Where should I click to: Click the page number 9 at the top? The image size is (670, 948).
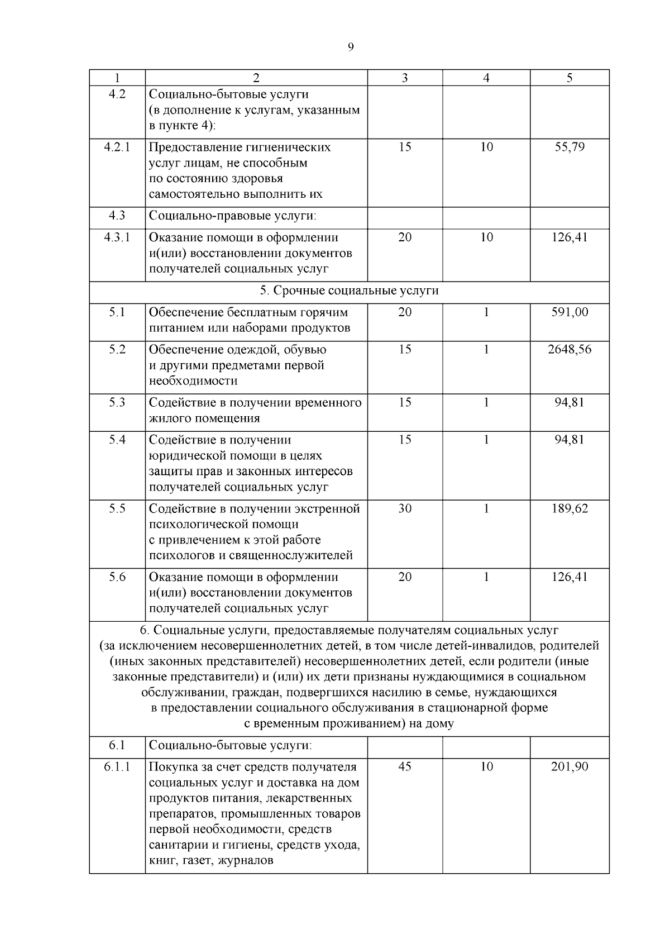351,47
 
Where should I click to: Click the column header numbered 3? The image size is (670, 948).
405,78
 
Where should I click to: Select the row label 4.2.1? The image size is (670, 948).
117,147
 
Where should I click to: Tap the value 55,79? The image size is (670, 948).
569,147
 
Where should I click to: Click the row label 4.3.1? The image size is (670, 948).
117,237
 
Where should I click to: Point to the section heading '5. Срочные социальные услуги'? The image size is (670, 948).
349,291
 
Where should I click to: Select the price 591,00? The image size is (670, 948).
569,312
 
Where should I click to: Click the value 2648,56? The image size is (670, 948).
569,349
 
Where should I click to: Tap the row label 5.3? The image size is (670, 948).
117,402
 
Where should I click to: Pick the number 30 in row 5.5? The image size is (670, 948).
405,508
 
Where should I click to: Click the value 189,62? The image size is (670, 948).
569,508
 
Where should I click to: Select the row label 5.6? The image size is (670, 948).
117,577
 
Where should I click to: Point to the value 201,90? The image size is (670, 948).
569,766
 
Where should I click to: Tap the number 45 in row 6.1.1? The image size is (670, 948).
405,766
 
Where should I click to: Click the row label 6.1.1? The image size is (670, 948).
117,766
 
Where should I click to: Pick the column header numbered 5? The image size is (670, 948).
569,78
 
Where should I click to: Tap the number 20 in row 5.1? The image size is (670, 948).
405,312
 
